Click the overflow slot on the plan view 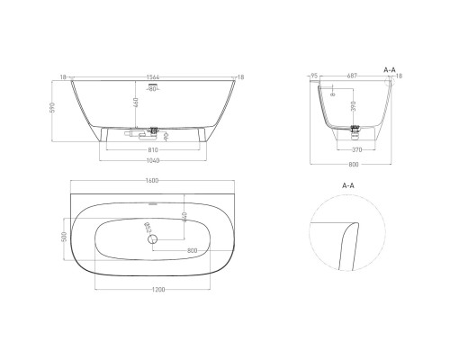[151, 202]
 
